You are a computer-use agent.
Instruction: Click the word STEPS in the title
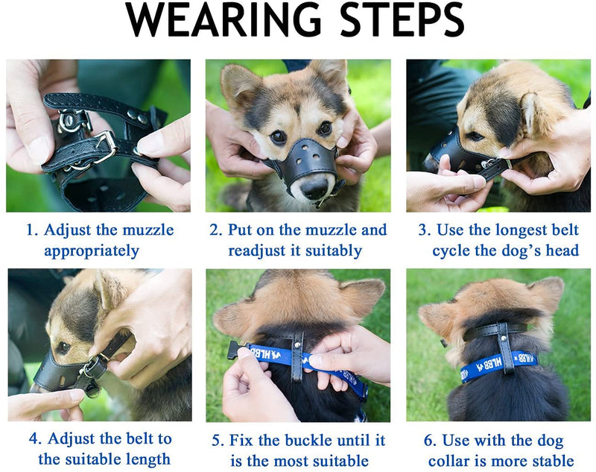click(402, 20)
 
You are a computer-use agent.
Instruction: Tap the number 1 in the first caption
click(31, 230)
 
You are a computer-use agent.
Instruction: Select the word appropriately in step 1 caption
click(92, 251)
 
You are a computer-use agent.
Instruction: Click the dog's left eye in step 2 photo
click(325, 128)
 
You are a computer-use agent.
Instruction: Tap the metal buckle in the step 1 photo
click(105, 145)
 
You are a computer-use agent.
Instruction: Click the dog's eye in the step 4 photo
click(63, 347)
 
